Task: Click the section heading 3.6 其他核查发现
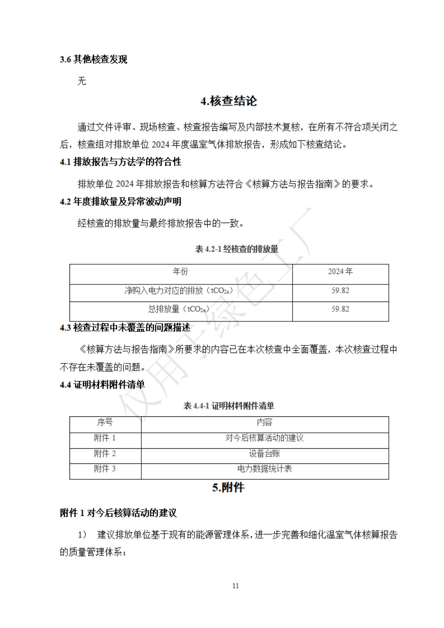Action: pyautogui.click(x=93, y=59)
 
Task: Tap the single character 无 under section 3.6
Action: pyautogui.click(x=82, y=81)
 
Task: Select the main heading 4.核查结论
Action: pyautogui.click(x=229, y=101)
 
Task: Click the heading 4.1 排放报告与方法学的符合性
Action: pyautogui.click(x=121, y=162)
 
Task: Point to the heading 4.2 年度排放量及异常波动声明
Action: pyautogui.click(x=121, y=201)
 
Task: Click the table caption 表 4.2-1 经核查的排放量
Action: pyautogui.click(x=236, y=249)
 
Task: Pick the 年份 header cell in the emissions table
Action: pyautogui.click(x=181, y=271)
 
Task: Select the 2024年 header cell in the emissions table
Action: pyautogui.click(x=340, y=271)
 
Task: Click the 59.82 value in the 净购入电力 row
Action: pyautogui.click(x=340, y=290)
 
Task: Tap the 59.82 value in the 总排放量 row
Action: pyautogui.click(x=340, y=309)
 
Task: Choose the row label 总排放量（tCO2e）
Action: pyautogui.click(x=179, y=309)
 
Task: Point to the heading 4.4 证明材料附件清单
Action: pyautogui.click(x=102, y=385)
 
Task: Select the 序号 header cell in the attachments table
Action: pyautogui.click(x=105, y=422)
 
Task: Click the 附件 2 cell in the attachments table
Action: pyautogui.click(x=105, y=454)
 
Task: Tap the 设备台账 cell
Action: pyautogui.click(x=264, y=454)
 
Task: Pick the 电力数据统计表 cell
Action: pyautogui.click(x=264, y=469)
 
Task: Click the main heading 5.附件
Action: pyautogui.click(x=228, y=488)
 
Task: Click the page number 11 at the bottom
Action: pyautogui.click(x=235, y=586)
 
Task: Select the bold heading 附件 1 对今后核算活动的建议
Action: pyautogui.click(x=118, y=513)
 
